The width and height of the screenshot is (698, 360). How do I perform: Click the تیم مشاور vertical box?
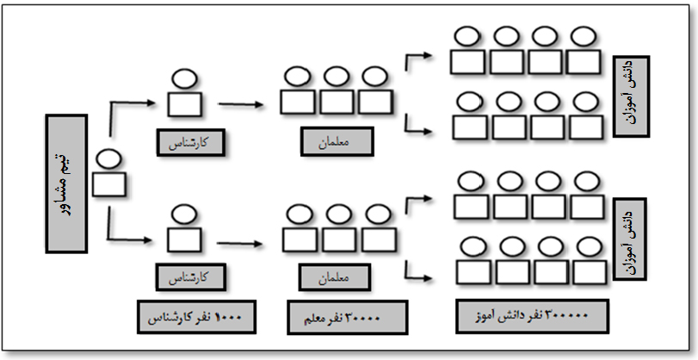click(65, 184)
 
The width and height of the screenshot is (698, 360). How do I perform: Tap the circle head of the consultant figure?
click(108, 159)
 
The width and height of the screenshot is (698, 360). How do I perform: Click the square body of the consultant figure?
click(108, 185)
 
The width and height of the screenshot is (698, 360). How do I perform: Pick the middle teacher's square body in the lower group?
click(336, 238)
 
